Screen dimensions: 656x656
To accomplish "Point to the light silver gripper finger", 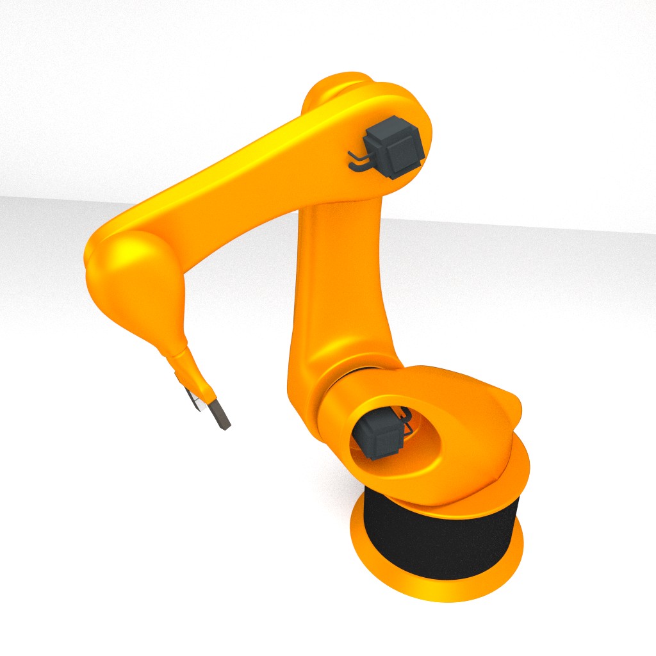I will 191,398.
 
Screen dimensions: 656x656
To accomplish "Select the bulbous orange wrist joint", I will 131,282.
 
